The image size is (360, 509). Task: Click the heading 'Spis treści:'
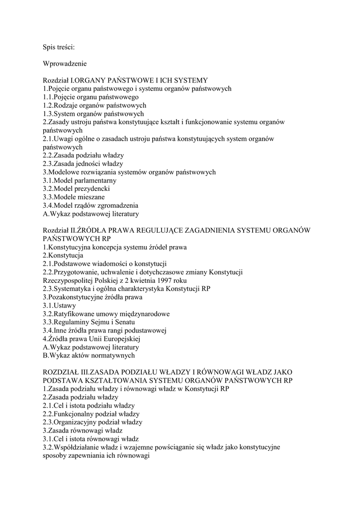pos(59,47)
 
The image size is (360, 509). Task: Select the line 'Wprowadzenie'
pos(65,64)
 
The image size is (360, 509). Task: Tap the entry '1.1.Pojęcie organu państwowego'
pos(90,97)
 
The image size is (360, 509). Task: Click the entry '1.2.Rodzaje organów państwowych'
pos(94,105)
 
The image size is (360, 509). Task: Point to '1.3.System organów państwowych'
pos(93,114)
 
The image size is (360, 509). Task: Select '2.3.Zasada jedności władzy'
pos(83,164)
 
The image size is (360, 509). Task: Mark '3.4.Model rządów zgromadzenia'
pos(90,205)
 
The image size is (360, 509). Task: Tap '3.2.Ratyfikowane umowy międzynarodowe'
pos(106,314)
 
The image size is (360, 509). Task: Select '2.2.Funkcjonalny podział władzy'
pos(91,414)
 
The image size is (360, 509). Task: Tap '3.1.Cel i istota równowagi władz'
pos(90,439)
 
